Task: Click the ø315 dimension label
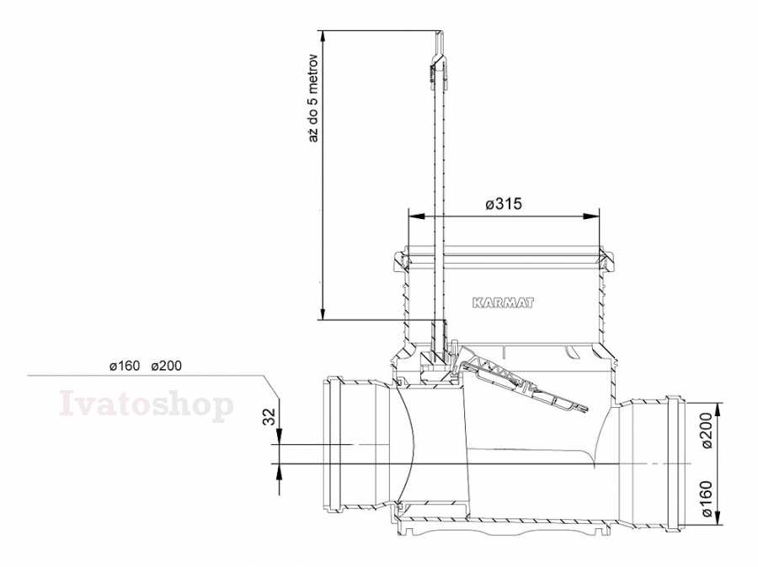[x=504, y=204]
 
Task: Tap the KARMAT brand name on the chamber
[x=503, y=303]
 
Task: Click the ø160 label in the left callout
[x=125, y=366]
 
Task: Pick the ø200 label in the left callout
[x=166, y=366]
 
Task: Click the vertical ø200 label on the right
[x=707, y=431]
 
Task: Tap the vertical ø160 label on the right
[x=707, y=499]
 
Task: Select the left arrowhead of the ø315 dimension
[x=416, y=216]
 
